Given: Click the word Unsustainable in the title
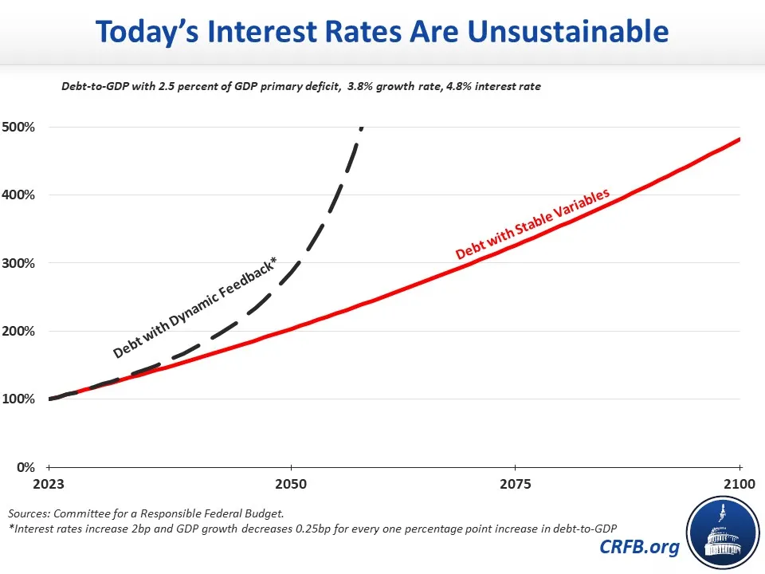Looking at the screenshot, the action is point(568,31).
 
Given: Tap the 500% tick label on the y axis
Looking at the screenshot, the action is point(18,128).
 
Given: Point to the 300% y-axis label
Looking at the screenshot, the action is point(18,264).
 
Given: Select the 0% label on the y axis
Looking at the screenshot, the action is point(25,468).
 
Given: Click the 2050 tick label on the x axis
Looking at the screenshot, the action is point(291,484).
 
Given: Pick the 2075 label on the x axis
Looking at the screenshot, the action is point(516,484).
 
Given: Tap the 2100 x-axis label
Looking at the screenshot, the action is point(739,484).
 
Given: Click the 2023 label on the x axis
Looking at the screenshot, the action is point(49,484).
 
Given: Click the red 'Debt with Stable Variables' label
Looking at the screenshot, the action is point(532,223).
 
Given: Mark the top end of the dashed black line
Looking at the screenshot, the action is point(362,128).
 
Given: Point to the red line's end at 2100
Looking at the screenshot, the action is point(739,140).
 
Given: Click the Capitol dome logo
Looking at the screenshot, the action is point(723,533).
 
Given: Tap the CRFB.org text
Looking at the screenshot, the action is point(639,547).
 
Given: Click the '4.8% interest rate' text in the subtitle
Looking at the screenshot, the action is point(493,86).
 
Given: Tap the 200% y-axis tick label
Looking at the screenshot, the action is point(18,332).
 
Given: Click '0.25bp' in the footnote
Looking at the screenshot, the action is point(312,529).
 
